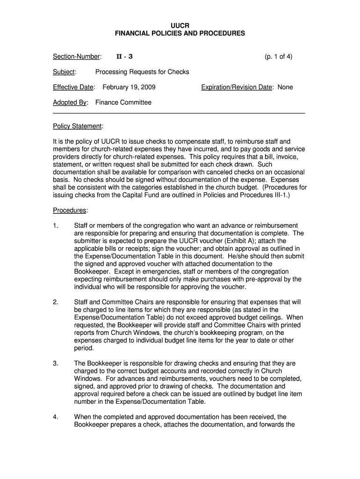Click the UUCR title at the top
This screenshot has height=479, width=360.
tap(180, 25)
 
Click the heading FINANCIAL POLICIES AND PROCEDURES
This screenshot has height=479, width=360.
tap(180, 34)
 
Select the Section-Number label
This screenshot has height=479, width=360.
tap(77, 57)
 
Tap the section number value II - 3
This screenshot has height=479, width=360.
tap(124, 57)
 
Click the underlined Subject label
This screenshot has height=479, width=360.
tap(65, 72)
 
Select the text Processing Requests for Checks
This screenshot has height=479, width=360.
tap(142, 72)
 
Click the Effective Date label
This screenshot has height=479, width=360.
tap(74, 87)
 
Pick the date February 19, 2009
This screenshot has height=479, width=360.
tap(129, 87)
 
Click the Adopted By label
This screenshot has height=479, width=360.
tap(70, 102)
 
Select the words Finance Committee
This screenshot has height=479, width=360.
tap(123, 102)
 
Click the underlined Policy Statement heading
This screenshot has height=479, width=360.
tap(78, 126)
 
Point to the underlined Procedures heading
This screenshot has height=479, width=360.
tap(70, 210)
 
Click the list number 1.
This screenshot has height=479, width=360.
tap(56, 225)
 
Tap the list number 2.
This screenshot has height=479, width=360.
tap(56, 302)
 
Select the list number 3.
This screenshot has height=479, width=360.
tap(56, 363)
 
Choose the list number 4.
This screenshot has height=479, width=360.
tap(56, 416)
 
